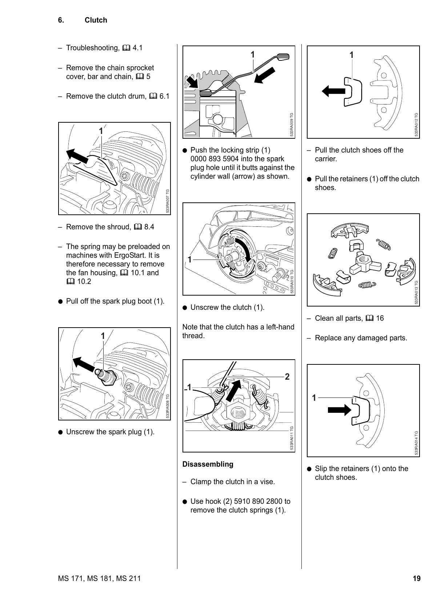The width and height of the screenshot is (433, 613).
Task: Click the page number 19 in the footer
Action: [x=417, y=578]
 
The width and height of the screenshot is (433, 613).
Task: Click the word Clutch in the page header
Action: [x=96, y=20]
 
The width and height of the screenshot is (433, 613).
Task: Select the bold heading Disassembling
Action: [x=208, y=464]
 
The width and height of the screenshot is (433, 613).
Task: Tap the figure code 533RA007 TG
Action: [x=168, y=201]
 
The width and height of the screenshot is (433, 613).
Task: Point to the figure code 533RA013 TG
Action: [x=417, y=292]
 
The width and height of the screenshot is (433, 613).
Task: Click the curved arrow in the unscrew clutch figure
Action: [x=244, y=249]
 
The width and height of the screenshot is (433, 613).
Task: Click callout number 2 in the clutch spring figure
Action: [x=287, y=377]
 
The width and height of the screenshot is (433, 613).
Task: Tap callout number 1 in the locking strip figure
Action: [x=252, y=55]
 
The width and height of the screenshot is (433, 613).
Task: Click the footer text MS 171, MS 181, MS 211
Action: [x=99, y=578]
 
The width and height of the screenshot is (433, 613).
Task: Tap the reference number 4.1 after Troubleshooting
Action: [x=138, y=48]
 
